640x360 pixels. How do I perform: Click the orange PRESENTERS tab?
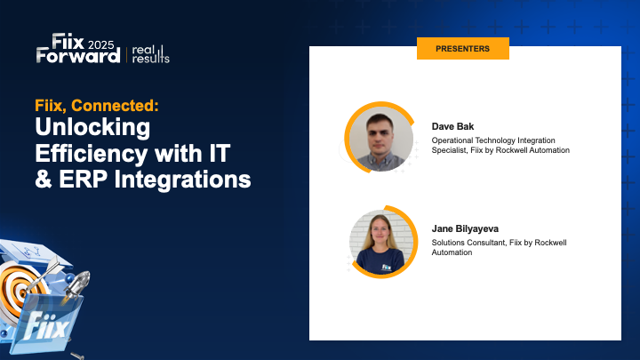[x=462, y=49]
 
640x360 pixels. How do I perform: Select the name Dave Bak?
[x=452, y=126]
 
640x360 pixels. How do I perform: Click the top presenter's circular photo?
[x=380, y=138]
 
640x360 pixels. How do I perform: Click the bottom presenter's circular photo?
[x=380, y=241]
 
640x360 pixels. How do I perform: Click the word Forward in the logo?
[x=78, y=55]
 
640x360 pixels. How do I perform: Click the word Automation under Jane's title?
[x=452, y=252]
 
